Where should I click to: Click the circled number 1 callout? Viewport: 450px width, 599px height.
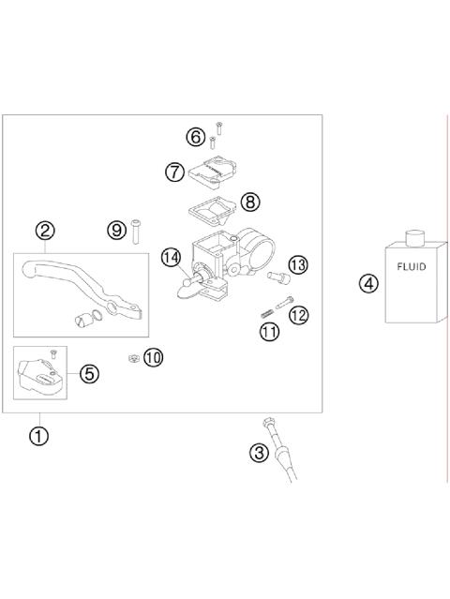click(x=38, y=436)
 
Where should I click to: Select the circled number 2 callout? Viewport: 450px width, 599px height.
click(x=45, y=231)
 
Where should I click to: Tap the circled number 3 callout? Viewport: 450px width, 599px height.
click(x=260, y=454)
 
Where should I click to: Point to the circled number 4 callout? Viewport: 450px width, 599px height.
click(x=369, y=283)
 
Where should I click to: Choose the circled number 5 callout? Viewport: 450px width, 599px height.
click(x=88, y=374)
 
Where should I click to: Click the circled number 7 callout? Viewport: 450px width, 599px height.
click(x=174, y=172)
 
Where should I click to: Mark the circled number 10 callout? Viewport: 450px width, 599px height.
click(x=153, y=357)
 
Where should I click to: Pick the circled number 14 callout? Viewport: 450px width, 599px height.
click(x=170, y=256)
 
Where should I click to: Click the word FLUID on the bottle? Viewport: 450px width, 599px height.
click(x=411, y=266)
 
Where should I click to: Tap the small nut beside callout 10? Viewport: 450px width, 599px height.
click(x=135, y=357)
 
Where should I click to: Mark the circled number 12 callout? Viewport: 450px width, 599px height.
click(x=299, y=315)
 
